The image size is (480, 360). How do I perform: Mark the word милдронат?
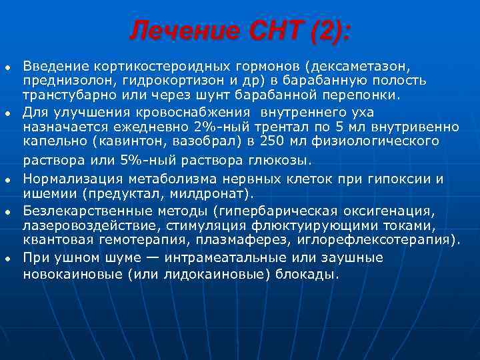[x=214, y=194]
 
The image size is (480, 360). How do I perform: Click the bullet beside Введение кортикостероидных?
[x=7, y=67]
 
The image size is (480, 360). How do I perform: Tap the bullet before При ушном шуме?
[x=7, y=258]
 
